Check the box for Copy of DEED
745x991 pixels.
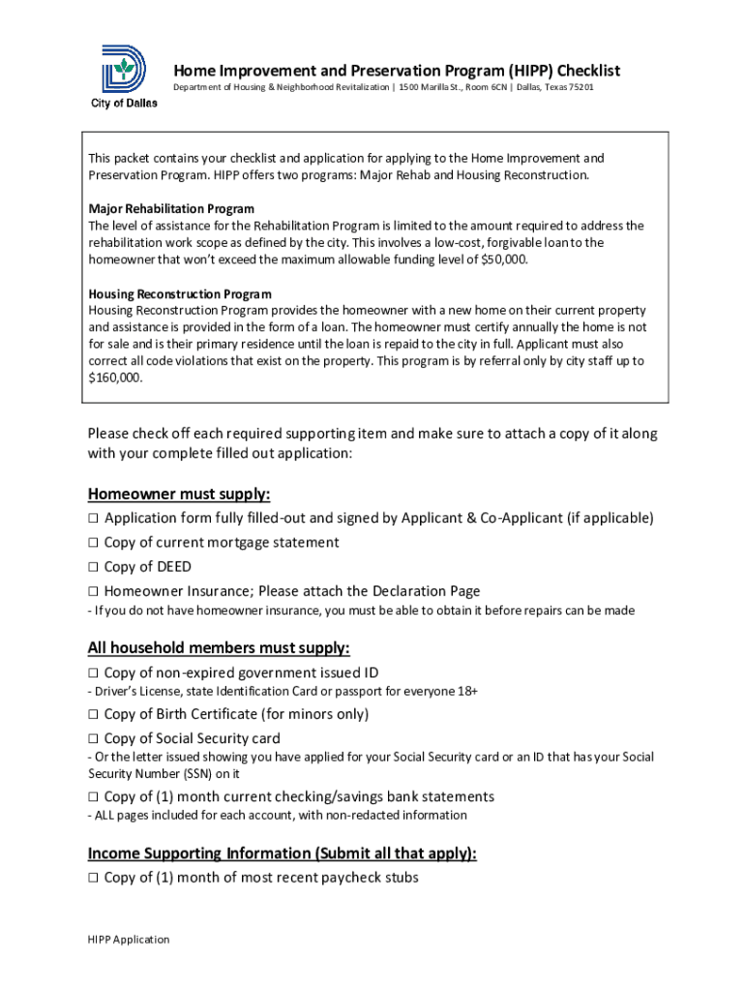point(94,567)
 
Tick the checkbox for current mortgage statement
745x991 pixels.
point(94,543)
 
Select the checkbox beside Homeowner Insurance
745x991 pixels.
point(94,591)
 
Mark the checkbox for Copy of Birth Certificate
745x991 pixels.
point(94,714)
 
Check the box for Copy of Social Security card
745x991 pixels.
point(94,738)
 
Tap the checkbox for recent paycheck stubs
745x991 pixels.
point(94,878)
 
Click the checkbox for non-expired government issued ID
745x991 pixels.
point(94,673)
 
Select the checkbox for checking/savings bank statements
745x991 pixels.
point(94,796)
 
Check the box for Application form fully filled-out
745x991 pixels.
point(94,519)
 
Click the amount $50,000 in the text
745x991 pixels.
point(503,259)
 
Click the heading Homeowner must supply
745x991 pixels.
point(179,494)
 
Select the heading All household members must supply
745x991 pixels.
point(219,647)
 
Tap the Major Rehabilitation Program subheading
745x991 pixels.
point(171,209)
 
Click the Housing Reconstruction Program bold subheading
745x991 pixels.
point(180,293)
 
